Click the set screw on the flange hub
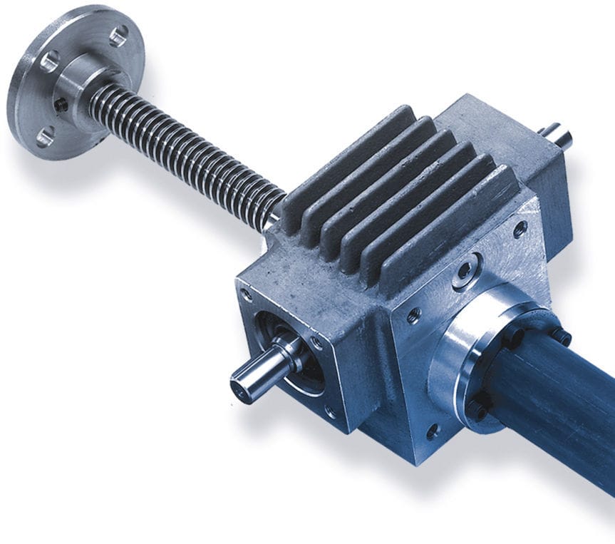(x=62, y=106)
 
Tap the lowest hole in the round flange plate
(x=44, y=135)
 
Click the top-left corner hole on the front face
(x=247, y=293)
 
